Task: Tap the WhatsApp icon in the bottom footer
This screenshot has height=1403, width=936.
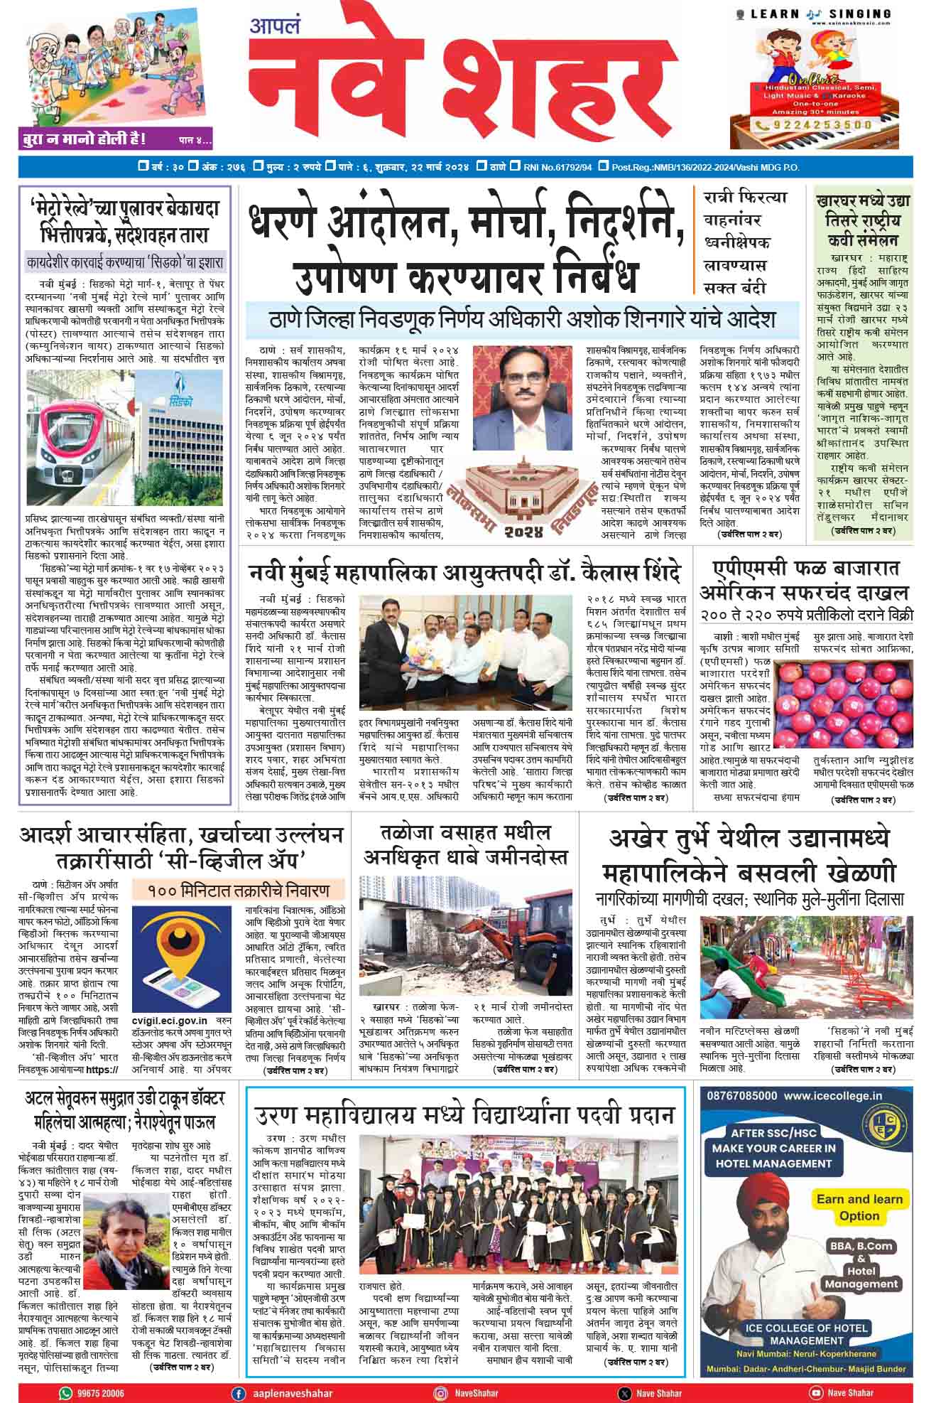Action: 67,1393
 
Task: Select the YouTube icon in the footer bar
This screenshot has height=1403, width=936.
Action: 814,1393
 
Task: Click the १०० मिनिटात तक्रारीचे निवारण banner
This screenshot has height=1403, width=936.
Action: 239,890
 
